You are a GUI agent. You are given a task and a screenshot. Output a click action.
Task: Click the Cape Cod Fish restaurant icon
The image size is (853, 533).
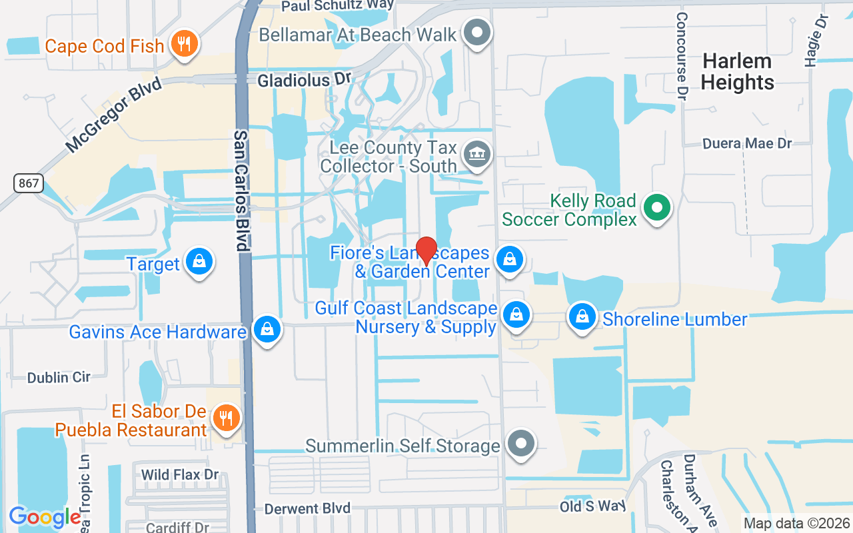click(181, 44)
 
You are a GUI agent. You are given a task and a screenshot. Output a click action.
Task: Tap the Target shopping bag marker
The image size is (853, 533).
click(199, 262)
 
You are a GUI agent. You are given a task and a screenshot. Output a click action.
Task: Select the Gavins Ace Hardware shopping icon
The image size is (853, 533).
click(267, 330)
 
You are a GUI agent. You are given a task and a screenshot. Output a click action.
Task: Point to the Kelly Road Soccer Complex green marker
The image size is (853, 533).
click(657, 208)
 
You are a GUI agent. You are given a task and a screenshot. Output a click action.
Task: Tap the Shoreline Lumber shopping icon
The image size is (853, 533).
click(582, 318)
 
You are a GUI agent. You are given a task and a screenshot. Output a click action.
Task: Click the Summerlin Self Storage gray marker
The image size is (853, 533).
click(520, 444)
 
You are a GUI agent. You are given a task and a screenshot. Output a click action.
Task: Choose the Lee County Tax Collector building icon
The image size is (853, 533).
click(477, 155)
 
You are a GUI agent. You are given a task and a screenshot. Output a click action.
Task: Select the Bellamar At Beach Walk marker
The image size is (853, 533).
click(476, 33)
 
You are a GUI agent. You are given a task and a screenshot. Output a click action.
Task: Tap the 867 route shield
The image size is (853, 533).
click(27, 183)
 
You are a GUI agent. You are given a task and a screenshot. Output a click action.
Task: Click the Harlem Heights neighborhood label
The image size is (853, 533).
click(737, 72)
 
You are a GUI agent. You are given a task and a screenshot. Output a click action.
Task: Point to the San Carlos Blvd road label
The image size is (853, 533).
click(241, 191)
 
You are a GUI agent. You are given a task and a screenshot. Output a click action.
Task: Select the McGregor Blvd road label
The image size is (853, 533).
click(114, 114)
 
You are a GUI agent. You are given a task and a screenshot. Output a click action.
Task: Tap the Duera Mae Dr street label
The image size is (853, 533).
click(747, 143)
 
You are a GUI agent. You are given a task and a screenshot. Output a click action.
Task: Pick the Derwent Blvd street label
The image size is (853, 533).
click(307, 508)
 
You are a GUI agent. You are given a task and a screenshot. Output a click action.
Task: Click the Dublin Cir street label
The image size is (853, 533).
click(59, 377)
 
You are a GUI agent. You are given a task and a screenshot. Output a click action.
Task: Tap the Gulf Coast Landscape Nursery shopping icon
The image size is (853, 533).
click(516, 315)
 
